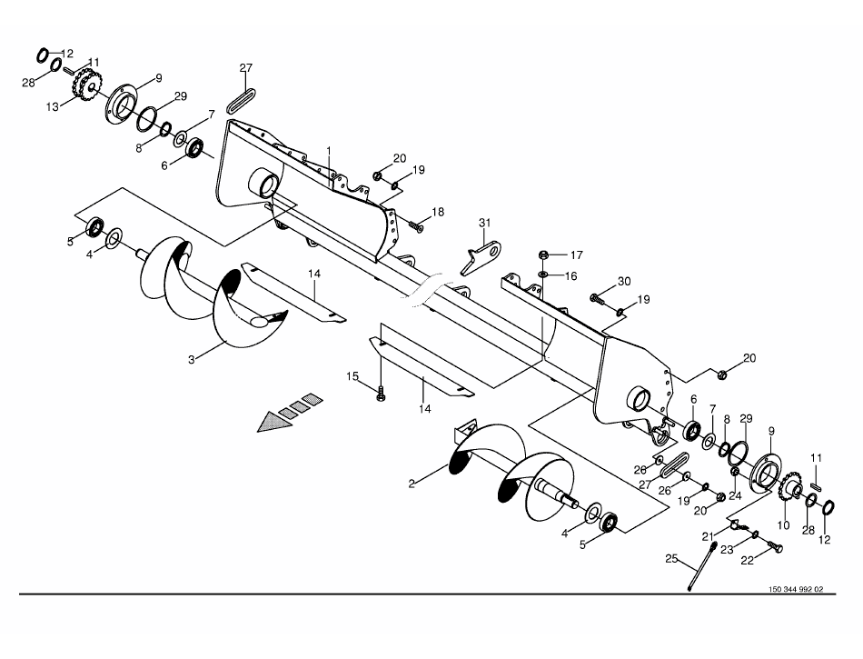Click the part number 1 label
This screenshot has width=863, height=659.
pos(329,149)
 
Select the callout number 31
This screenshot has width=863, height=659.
pos(484,224)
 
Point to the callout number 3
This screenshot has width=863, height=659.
pos(192,360)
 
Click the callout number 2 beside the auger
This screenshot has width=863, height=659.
pos(412,484)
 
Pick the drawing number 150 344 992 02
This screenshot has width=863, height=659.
pos(795,589)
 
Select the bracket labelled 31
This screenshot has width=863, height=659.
pos(481,252)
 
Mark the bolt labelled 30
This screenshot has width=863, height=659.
pos(597,296)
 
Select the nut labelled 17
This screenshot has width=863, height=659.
pos(543,255)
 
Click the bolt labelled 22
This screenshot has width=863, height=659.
pos(774,545)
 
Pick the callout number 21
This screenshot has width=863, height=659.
pos(709,537)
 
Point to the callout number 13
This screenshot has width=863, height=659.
pos(53,106)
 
